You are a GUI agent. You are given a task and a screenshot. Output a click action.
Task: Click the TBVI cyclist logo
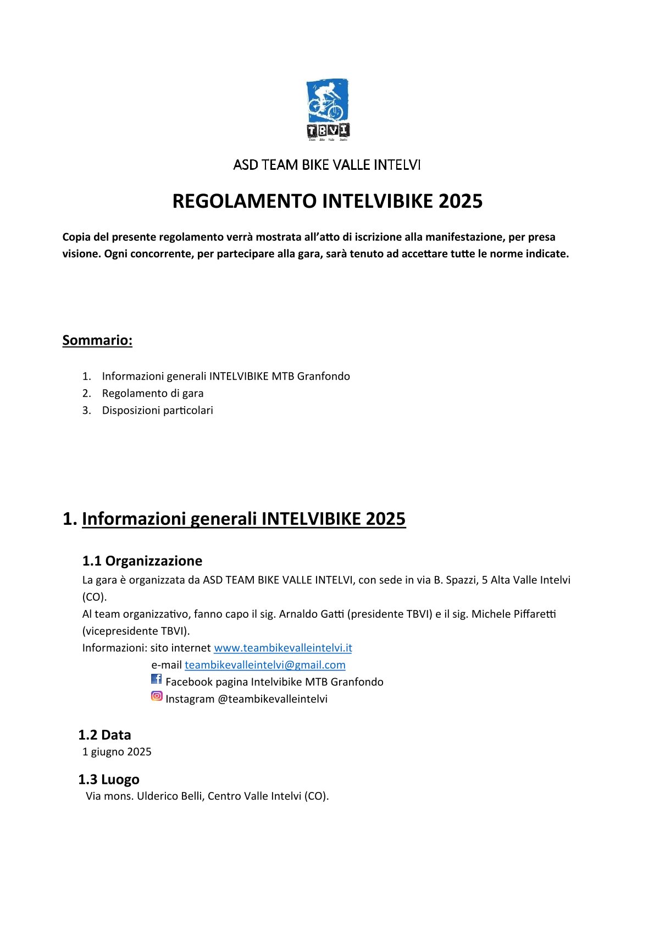[328, 109]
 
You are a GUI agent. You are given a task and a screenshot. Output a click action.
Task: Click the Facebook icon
[157, 679]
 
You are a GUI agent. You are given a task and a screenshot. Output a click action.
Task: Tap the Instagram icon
[157, 696]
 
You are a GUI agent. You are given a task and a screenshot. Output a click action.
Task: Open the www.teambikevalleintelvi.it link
[282, 648]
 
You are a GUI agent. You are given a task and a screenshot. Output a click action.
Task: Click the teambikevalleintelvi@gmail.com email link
[265, 665]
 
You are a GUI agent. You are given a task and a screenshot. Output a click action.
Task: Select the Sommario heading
[97, 340]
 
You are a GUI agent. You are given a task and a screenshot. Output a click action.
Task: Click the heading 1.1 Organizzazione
[142, 561]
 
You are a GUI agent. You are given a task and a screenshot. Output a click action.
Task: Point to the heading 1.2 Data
[104, 735]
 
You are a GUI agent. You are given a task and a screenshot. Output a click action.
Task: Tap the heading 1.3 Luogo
[108, 779]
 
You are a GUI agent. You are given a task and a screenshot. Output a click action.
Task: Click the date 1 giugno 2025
[117, 752]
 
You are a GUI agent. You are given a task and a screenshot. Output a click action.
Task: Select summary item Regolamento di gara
[152, 393]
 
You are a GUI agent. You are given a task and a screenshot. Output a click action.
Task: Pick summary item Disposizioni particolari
[157, 410]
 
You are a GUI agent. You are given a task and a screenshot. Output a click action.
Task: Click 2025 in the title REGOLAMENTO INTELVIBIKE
[461, 201]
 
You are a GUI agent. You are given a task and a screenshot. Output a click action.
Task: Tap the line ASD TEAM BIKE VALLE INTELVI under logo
[327, 165]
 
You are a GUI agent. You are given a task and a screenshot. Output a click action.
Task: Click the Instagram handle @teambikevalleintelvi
[272, 699]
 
